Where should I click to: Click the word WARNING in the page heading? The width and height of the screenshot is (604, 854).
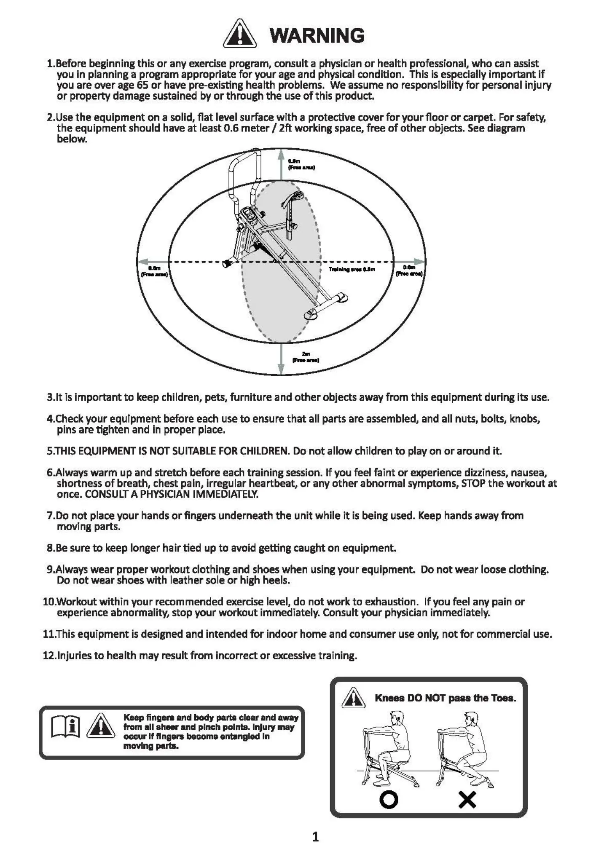tap(317, 35)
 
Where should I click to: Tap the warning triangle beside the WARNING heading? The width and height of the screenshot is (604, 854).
tap(239, 34)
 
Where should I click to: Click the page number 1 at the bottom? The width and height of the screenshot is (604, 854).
tap(315, 836)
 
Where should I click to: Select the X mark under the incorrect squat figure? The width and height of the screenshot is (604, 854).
tap(467, 800)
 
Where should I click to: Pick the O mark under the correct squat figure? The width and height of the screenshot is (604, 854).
tap(389, 800)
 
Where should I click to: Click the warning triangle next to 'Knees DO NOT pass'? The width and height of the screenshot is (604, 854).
tap(353, 698)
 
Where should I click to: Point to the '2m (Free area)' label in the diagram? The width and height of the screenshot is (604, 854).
tap(306, 357)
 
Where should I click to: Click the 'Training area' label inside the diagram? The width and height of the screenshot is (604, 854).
tap(352, 269)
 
